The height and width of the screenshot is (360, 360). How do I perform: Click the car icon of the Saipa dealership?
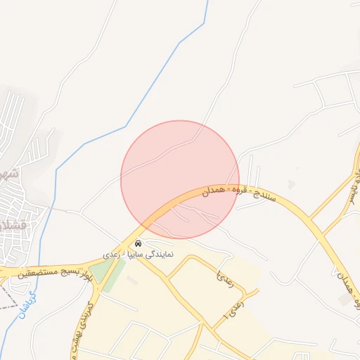coord(137,243)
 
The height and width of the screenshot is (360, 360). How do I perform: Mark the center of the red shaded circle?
coord(180,179)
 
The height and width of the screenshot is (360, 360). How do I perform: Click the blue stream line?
coord(127,126)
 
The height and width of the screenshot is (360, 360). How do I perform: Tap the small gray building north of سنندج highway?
coord(291,184)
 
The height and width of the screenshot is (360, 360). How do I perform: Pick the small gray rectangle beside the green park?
coord(131,281)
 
